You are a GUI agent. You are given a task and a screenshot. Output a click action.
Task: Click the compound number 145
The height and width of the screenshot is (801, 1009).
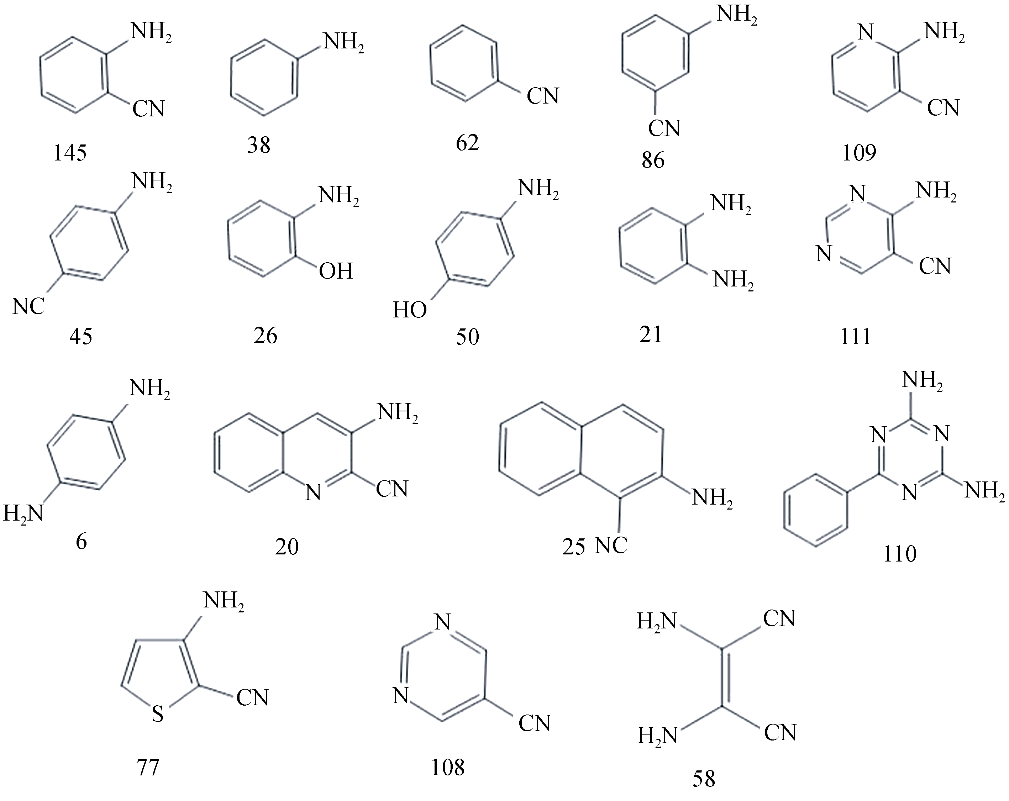point(70,153)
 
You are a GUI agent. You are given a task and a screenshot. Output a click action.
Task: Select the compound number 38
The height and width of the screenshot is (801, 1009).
point(259,145)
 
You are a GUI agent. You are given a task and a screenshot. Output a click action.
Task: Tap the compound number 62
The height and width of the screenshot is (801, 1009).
point(468,143)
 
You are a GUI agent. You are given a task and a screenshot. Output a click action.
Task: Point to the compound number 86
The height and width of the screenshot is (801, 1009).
point(653,160)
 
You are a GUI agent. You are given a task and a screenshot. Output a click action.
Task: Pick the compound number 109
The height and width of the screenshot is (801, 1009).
point(859,153)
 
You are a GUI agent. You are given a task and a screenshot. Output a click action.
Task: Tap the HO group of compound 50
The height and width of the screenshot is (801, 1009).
point(410,310)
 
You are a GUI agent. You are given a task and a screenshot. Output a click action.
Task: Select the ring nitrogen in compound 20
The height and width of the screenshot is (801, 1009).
point(313,492)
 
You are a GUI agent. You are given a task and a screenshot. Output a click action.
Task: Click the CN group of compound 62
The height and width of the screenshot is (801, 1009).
point(543,96)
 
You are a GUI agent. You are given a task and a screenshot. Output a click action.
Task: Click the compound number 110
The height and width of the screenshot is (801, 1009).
point(899,554)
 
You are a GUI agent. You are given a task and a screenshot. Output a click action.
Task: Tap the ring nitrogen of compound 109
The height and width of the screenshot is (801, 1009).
point(866,33)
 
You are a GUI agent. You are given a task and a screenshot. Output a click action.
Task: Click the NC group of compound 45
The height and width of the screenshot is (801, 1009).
point(28,307)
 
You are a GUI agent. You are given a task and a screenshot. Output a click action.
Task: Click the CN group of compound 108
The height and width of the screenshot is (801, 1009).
point(535,723)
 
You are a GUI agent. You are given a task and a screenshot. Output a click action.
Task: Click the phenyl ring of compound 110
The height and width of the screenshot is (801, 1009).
point(816,510)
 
